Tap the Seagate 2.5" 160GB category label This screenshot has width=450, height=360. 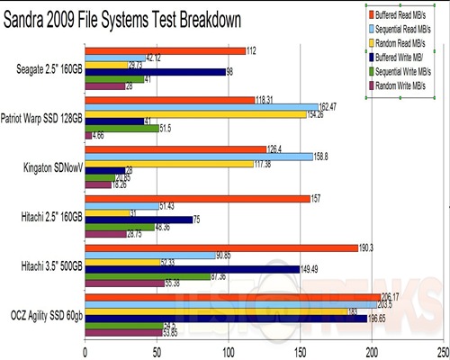click(45, 69)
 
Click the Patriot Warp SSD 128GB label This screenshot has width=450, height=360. click(42, 118)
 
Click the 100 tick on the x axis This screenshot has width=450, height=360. click(229, 352)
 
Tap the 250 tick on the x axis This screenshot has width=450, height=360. click(441, 352)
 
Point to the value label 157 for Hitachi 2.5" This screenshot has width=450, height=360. click(318, 196)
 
